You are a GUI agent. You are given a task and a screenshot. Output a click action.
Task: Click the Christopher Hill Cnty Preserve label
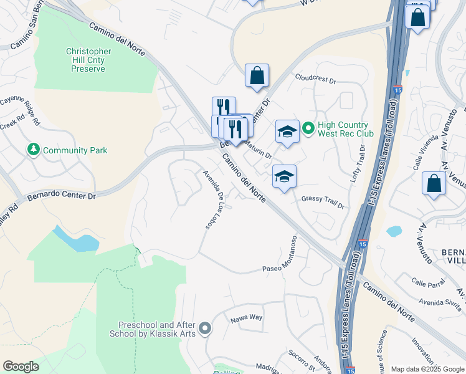[x=88, y=60]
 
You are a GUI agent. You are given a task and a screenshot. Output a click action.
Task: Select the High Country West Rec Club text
[x=346, y=129]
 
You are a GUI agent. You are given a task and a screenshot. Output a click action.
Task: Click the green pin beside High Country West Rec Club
[x=308, y=129]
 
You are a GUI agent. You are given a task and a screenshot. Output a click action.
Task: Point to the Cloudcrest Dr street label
[x=316, y=80]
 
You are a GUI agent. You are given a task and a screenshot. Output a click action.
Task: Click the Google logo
[x=21, y=367]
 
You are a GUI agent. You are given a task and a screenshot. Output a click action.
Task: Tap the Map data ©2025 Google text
[x=427, y=369]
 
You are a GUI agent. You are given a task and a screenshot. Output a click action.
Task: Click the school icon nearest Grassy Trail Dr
[x=284, y=177]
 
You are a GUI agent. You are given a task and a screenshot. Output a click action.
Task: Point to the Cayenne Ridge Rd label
[x=19, y=107]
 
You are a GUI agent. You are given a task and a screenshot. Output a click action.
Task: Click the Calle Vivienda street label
[x=422, y=156]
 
